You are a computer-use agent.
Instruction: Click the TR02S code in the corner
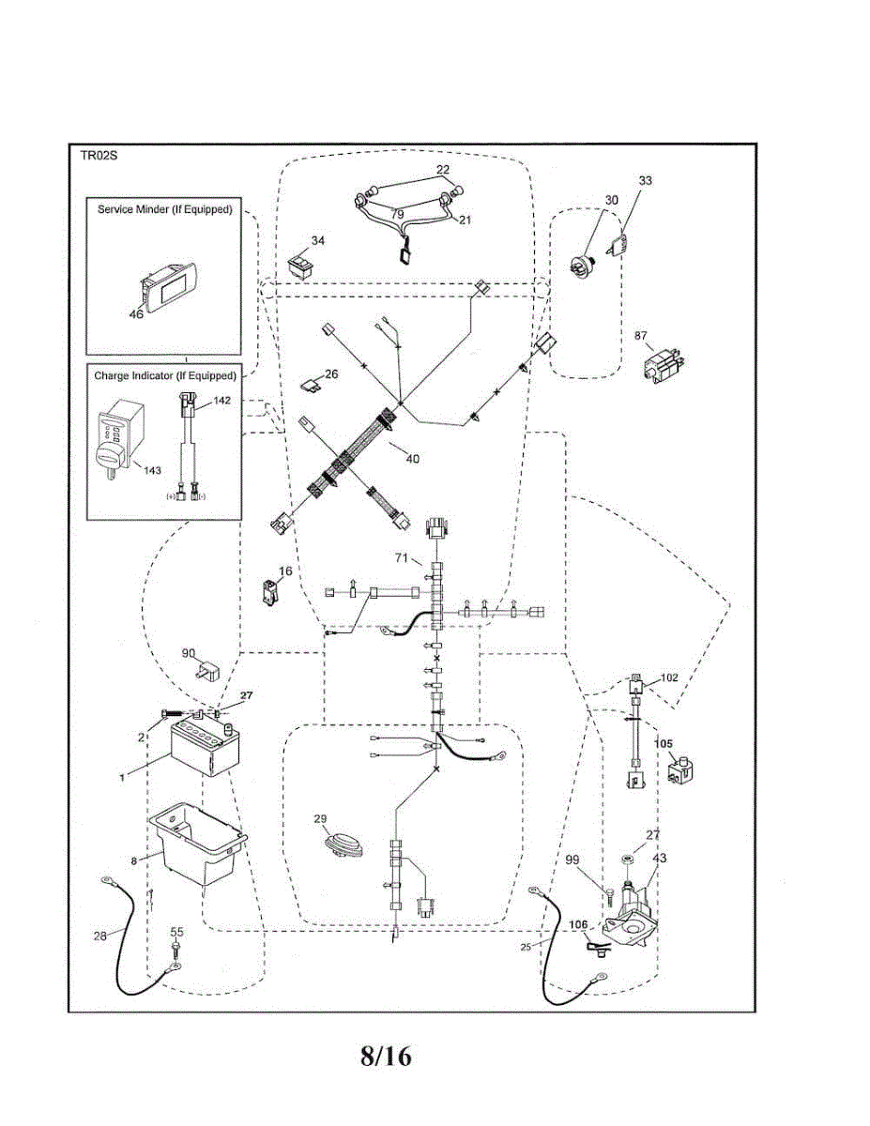click(x=99, y=156)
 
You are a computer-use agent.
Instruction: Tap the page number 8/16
click(x=386, y=1056)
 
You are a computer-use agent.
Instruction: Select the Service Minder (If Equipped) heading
click(x=165, y=209)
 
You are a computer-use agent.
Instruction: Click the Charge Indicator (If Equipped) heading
click(x=165, y=375)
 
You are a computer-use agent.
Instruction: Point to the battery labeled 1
click(x=205, y=745)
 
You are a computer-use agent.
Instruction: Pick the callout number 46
click(x=136, y=314)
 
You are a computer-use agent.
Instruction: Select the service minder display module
click(x=168, y=286)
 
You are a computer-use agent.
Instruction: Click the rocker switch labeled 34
click(x=301, y=265)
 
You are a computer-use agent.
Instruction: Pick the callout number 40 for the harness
click(x=412, y=459)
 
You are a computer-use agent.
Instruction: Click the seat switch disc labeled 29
click(x=344, y=848)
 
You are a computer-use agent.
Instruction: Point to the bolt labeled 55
click(x=176, y=950)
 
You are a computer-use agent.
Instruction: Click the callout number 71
click(x=402, y=558)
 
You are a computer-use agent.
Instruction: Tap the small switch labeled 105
click(x=680, y=770)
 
